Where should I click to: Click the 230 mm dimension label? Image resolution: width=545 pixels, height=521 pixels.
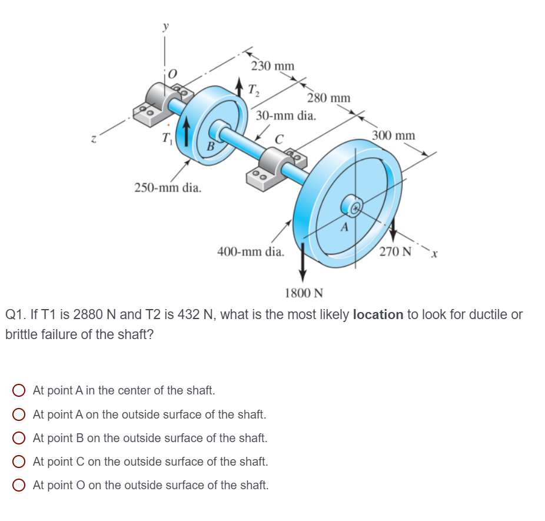(x=272, y=65)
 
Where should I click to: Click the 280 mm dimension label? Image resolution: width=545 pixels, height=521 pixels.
(x=328, y=98)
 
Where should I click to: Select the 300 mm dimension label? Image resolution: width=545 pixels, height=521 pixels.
(x=393, y=135)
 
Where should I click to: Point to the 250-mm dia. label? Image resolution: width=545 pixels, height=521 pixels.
(x=168, y=188)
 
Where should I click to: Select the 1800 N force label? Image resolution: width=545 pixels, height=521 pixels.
(x=304, y=293)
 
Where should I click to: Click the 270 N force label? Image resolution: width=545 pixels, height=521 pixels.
(x=395, y=252)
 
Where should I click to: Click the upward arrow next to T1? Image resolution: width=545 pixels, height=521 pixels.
(x=187, y=134)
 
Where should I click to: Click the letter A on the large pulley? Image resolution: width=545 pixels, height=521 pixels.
(x=345, y=226)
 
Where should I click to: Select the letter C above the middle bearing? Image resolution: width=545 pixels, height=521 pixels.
(x=280, y=140)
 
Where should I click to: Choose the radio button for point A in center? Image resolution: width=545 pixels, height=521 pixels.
(x=19, y=390)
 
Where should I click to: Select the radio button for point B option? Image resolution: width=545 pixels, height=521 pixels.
(x=19, y=438)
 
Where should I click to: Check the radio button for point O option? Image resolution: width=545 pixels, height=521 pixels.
(x=19, y=486)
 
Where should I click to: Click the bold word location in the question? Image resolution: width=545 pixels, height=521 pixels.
(x=377, y=314)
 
